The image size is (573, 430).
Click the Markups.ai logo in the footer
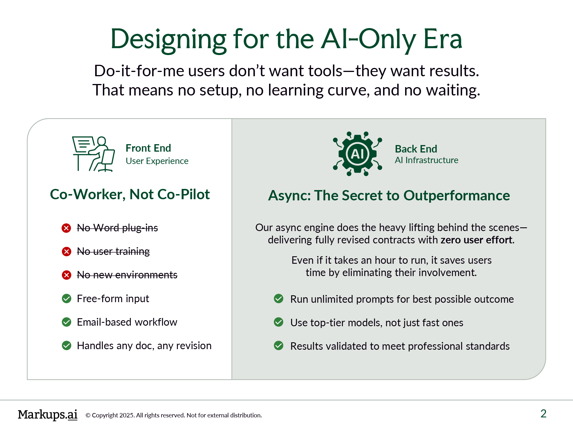(x=48, y=415)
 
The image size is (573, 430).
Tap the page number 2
(x=543, y=414)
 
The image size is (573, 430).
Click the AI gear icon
(x=357, y=154)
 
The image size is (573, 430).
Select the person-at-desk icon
(x=94, y=154)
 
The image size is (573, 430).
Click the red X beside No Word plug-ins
(x=66, y=228)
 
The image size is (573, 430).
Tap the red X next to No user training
(x=66, y=252)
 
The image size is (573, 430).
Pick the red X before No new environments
(x=66, y=275)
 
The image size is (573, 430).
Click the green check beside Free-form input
(x=66, y=299)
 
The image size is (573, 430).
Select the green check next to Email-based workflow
(x=66, y=322)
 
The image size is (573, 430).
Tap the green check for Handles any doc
(x=66, y=346)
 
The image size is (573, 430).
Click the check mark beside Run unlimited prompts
(x=278, y=299)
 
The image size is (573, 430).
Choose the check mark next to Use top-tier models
(x=278, y=322)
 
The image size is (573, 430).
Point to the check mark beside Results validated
(x=278, y=346)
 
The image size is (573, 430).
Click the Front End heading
(x=148, y=148)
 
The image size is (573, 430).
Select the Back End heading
(x=416, y=149)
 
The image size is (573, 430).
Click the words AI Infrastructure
(x=426, y=160)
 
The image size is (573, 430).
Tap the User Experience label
(x=157, y=161)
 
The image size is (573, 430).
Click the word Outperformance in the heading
(x=457, y=196)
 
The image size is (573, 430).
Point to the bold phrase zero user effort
(x=477, y=240)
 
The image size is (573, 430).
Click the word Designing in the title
(x=168, y=40)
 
